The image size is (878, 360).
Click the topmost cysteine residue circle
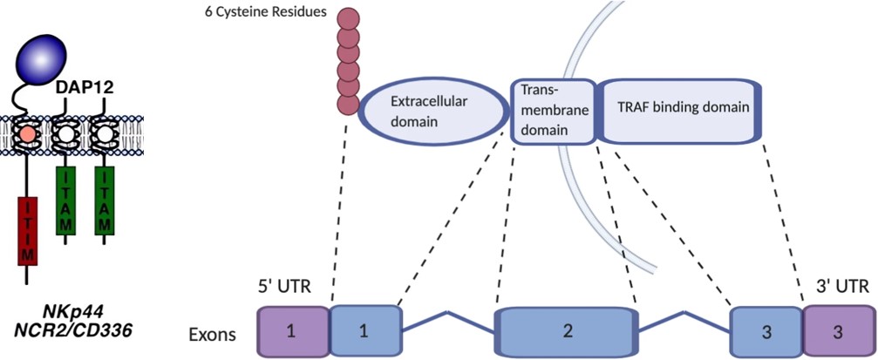tap(349, 17)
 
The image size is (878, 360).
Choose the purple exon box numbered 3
tap(839, 331)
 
